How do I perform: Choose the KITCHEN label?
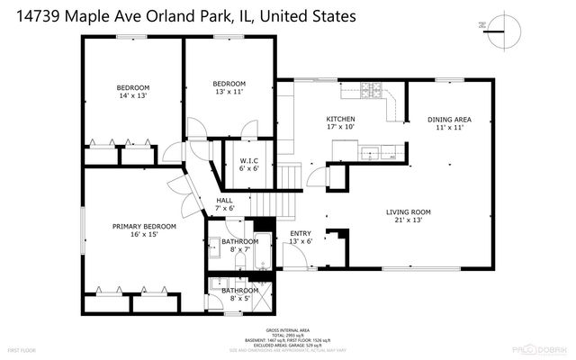(340, 119)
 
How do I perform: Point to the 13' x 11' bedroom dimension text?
(229, 91)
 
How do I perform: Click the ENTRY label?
(301, 234)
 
